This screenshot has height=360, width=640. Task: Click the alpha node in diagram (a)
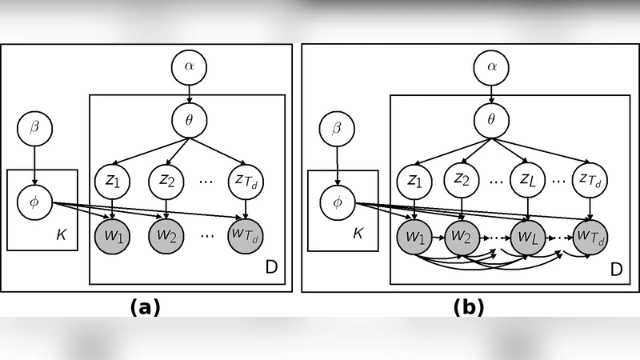pos(189,67)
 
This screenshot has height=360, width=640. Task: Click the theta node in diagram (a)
pos(189,121)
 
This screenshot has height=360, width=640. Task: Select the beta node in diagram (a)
pos(34,128)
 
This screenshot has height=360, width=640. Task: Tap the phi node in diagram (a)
pos(34,202)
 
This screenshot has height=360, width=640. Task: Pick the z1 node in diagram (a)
pos(112,180)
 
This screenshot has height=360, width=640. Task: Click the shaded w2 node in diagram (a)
pos(166,236)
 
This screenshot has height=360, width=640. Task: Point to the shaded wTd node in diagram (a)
pos(245,236)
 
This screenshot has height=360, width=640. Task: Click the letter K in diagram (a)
pos(62,234)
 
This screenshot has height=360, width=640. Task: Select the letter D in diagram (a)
pos(270,267)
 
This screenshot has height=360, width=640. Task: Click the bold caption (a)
pos(145,306)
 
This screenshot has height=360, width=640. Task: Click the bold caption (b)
pos(469,306)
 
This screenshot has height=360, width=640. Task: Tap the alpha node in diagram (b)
pos(491,67)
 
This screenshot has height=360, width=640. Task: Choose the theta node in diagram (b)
pos(491,121)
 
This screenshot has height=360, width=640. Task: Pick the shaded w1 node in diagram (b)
pos(414,238)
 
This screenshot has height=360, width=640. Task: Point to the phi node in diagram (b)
pos(337,202)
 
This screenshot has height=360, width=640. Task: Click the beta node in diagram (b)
pos(337,128)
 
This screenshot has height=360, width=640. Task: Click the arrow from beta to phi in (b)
pos(337,165)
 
